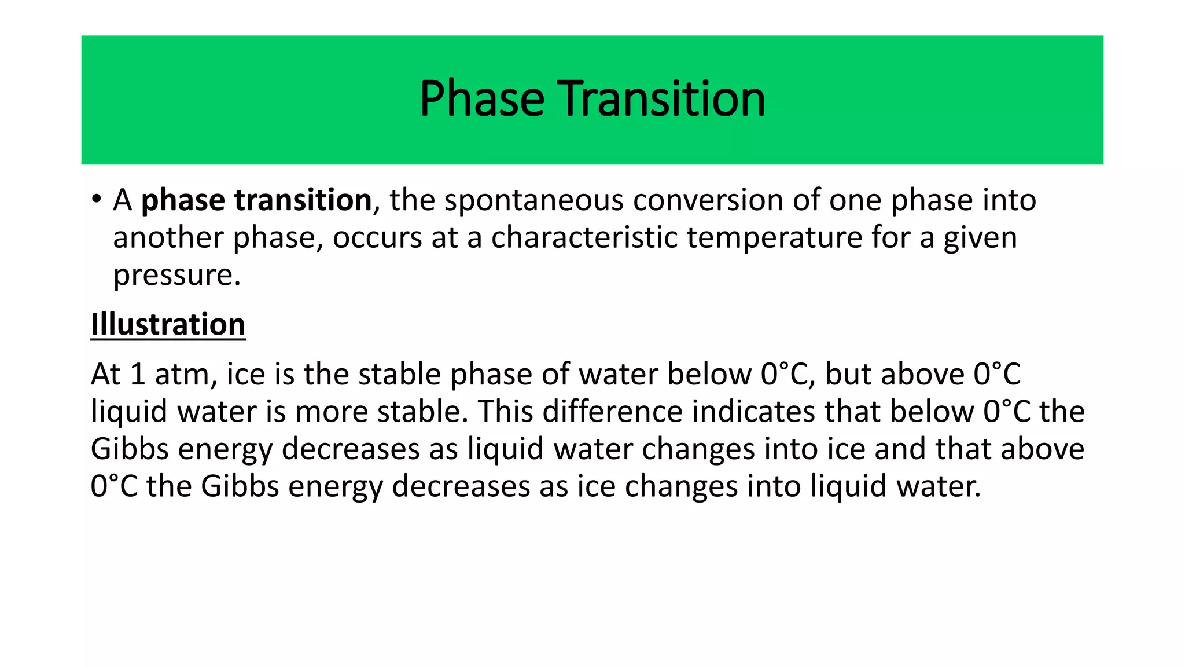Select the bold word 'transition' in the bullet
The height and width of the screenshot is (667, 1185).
(x=303, y=200)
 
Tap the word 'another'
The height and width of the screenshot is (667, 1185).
(x=168, y=238)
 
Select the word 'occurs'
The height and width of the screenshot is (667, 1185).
(x=377, y=238)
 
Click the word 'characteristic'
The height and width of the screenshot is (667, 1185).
(x=584, y=238)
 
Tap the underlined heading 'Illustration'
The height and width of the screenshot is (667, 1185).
(x=168, y=324)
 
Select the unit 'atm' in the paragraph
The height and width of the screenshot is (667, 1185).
(x=185, y=375)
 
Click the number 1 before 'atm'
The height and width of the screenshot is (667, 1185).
(x=137, y=375)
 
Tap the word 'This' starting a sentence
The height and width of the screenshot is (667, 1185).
(x=505, y=412)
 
